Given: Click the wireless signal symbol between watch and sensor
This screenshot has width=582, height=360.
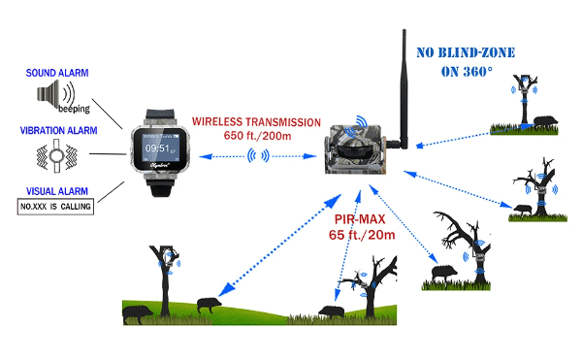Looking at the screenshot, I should pyautogui.click(x=257, y=154).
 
